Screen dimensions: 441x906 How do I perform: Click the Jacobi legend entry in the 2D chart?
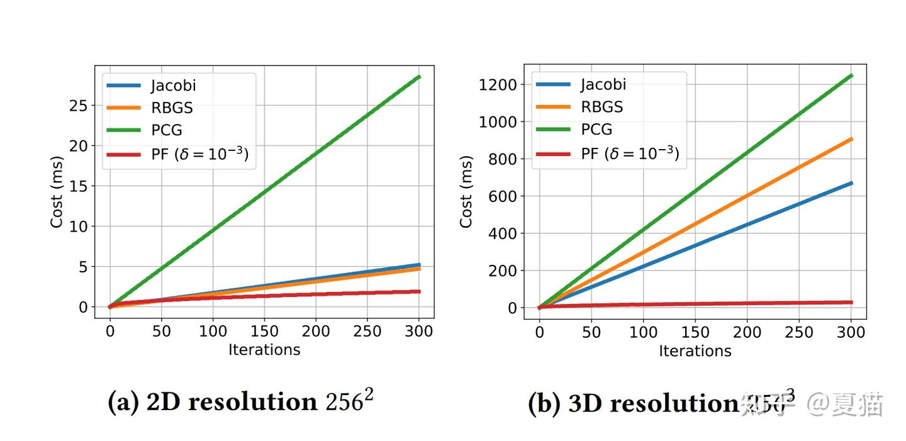(171, 86)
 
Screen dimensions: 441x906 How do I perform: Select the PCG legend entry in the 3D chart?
(596, 130)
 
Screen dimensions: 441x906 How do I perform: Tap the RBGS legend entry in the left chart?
(171, 108)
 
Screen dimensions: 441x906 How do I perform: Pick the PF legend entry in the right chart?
(630, 153)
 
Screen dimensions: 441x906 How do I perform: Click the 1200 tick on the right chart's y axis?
(498, 84)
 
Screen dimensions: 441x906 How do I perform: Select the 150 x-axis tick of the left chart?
(264, 331)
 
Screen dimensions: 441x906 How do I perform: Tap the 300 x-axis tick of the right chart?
(851, 332)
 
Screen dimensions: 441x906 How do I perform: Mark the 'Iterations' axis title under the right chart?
(695, 351)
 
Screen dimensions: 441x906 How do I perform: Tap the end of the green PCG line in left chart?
(419, 77)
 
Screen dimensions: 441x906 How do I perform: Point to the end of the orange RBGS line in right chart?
(851, 139)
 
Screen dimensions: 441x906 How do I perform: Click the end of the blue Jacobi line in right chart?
(851, 183)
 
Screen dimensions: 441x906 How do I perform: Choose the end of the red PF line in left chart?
(419, 291)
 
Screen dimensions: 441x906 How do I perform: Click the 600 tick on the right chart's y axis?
(503, 196)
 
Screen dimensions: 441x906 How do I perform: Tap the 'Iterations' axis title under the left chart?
(264, 350)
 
